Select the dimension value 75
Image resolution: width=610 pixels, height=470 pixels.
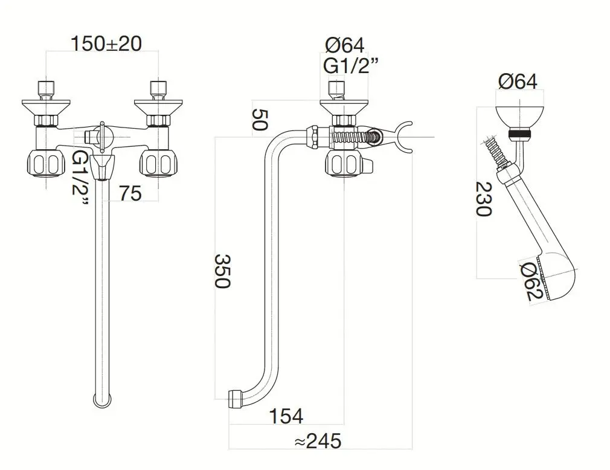pos(129,193)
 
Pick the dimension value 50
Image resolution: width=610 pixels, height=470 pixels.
pos(258,121)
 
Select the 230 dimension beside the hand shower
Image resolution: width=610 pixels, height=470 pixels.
pos(483,199)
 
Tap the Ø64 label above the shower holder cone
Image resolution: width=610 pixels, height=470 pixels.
pos(518,81)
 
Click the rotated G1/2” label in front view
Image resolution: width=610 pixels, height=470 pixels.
pos(80,179)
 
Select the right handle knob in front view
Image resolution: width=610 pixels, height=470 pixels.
pos(158,163)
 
